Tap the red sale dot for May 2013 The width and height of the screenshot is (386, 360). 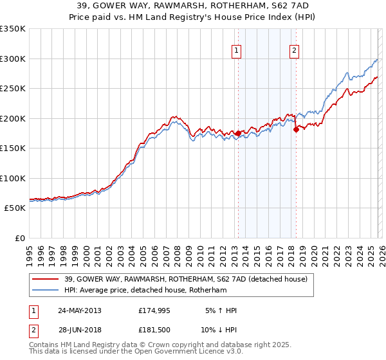pyautogui.click(x=238, y=134)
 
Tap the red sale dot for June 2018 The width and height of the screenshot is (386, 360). pyautogui.click(x=297, y=129)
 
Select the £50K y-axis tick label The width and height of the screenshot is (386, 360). pyautogui.click(x=15, y=208)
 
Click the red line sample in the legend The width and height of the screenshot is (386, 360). pyautogui.click(x=46, y=279)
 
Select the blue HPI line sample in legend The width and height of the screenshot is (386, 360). pyautogui.click(x=46, y=290)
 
